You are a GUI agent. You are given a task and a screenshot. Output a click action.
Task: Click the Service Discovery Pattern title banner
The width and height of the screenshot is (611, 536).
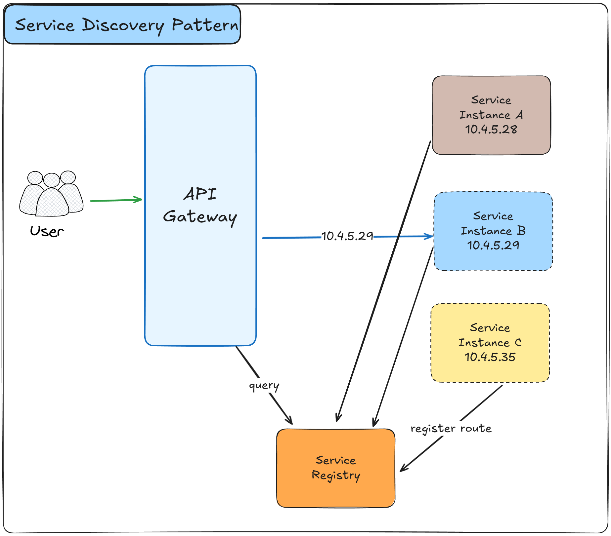click(122, 25)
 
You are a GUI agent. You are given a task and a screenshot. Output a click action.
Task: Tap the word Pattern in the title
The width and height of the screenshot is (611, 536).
click(205, 25)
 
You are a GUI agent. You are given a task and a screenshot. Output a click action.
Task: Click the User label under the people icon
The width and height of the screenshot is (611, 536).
click(47, 231)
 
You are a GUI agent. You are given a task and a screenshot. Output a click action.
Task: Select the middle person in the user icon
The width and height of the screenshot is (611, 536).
click(52, 198)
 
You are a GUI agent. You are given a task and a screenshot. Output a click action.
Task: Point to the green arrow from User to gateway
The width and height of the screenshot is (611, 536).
click(116, 200)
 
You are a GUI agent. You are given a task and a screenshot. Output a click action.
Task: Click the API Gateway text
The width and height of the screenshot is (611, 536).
click(200, 206)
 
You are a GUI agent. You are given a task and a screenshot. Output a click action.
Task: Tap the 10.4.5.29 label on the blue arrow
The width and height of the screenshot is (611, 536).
click(347, 236)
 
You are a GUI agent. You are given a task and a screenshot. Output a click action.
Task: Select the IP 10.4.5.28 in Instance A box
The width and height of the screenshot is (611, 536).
click(491, 129)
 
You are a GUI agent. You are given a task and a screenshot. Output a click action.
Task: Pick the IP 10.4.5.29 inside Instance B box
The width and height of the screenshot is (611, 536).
click(493, 245)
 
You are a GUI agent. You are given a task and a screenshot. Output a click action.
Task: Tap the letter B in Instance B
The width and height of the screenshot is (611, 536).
click(521, 231)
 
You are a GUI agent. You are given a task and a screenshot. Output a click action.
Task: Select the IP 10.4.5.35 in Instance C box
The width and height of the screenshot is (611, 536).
click(490, 357)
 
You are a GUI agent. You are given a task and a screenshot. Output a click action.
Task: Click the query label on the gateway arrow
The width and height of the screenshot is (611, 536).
click(264, 386)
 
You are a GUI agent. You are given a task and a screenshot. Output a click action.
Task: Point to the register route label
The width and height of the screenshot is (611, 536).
click(451, 428)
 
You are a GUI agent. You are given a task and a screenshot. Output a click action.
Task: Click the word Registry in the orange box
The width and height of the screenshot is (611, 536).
click(336, 475)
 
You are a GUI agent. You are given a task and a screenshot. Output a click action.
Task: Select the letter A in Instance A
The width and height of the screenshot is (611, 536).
click(520, 115)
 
